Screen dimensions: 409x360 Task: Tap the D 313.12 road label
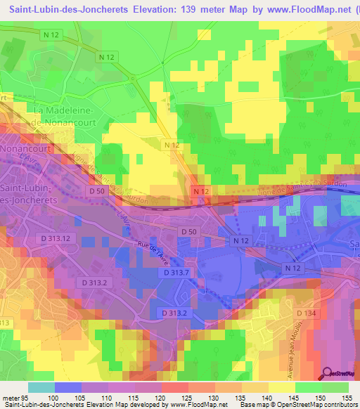point(56,238)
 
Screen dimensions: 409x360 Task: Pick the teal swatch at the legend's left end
point(41,387)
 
